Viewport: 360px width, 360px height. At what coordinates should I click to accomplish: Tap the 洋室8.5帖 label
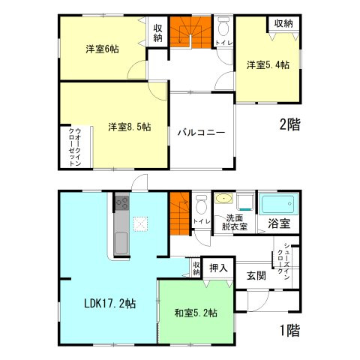click(x=128, y=127)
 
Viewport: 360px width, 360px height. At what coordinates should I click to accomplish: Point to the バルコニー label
click(x=201, y=132)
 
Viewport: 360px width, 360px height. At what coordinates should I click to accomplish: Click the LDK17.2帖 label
click(x=109, y=304)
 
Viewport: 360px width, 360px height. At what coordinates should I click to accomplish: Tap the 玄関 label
click(x=255, y=275)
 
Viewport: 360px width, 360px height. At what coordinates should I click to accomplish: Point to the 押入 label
click(x=218, y=267)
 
